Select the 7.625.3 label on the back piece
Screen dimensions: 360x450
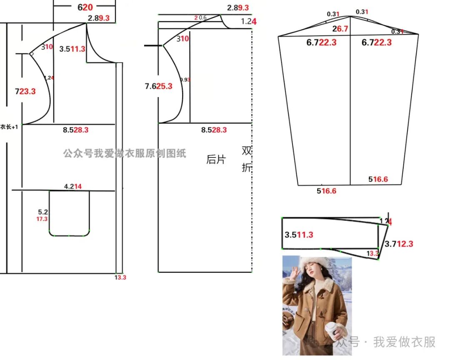[158, 86]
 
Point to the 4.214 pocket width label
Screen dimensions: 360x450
[72, 187]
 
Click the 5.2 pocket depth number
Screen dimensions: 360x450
[43, 212]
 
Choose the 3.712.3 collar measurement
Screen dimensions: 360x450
[399, 244]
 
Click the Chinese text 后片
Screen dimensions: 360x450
[216, 159]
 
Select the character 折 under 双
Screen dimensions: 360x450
[247, 167]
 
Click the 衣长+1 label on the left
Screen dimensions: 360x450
[9, 127]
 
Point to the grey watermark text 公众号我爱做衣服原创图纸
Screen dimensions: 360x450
[125, 153]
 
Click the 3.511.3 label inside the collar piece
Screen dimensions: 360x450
[299, 235]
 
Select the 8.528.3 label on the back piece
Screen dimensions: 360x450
[214, 130]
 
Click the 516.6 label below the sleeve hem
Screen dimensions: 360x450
[326, 191]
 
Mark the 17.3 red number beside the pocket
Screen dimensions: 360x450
[42, 219]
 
